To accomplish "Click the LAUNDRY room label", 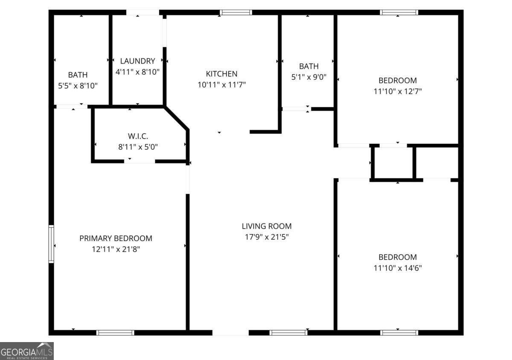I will [137, 61].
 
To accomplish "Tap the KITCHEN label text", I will [221, 74].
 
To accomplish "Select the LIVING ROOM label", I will [267, 226].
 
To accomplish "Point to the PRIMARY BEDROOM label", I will [116, 238].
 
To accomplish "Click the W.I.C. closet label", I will [138, 136].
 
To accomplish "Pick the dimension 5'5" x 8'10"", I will [78, 86].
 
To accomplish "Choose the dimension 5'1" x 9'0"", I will [308, 77].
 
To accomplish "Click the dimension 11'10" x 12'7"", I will [398, 91].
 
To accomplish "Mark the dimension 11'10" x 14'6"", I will [398, 268].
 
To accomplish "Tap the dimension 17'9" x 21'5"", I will [267, 237].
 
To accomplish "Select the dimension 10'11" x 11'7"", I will [221, 85].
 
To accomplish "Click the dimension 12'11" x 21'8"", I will [116, 250].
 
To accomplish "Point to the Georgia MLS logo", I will [26, 351].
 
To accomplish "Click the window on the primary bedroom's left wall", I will [51, 244].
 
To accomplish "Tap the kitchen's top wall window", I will [236, 12].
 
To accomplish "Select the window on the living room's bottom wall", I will [289, 333].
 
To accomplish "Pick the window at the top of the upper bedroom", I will [399, 12].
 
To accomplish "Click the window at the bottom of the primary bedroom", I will [115, 333].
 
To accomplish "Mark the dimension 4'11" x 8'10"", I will [137, 72].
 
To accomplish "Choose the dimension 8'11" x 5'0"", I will [138, 148].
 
